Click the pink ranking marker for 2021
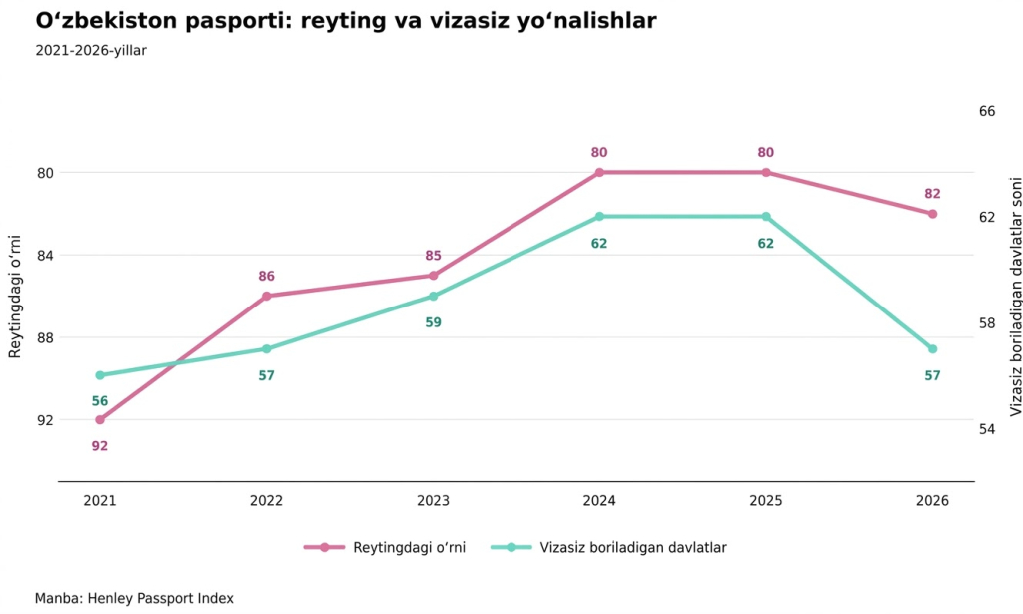click(x=100, y=419)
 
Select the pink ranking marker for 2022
click(x=266, y=296)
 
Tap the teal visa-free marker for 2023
click(x=434, y=296)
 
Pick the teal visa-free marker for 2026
click(x=932, y=349)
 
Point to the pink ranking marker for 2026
click(x=932, y=214)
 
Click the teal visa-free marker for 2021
click(x=100, y=375)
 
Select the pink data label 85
click(x=434, y=257)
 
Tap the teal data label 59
click(x=434, y=322)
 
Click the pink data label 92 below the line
click(x=100, y=446)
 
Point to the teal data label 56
click(x=100, y=401)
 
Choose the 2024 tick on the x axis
click(x=599, y=501)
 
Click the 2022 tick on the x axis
click(x=266, y=501)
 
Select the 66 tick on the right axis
click(x=987, y=111)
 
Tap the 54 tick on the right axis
click(x=987, y=429)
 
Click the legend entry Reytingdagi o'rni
click(x=385, y=547)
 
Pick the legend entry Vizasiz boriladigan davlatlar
click(x=609, y=547)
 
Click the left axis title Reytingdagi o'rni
click(x=14, y=297)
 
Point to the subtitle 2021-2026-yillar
click(x=91, y=51)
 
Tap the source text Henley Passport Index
click(x=160, y=598)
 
